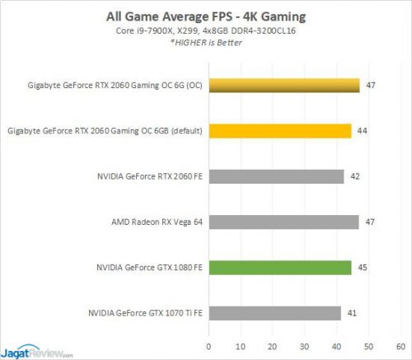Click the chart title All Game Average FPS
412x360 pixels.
click(x=206, y=15)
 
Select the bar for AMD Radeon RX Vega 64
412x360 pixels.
click(x=283, y=222)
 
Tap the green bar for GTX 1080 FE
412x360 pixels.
click(x=280, y=267)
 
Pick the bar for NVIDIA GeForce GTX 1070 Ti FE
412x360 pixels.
click(x=274, y=313)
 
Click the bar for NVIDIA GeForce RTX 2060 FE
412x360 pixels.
click(x=276, y=176)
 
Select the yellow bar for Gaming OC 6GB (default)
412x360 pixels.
click(x=280, y=130)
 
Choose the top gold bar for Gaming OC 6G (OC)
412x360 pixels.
click(x=283, y=85)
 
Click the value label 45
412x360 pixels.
click(x=363, y=267)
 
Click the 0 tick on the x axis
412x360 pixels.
click(x=208, y=345)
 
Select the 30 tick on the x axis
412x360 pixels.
click(x=305, y=345)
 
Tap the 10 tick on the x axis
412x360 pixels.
click(x=241, y=345)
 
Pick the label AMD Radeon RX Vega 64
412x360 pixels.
click(x=157, y=222)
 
